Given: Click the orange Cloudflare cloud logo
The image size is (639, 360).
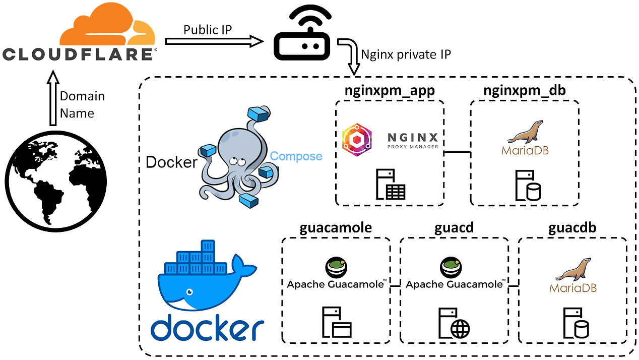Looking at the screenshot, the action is coord(107,24).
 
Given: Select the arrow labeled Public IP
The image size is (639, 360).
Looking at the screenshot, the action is coord(214,41).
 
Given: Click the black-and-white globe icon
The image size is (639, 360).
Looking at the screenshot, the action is coord(56,182).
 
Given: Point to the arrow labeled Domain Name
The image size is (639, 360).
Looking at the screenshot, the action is coord(53,98).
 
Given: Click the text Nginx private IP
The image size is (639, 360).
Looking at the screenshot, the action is coord(406,54).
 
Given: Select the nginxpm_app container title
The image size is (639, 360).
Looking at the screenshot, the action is coord(390,91).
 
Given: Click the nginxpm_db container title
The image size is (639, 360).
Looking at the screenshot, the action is coord(524,90).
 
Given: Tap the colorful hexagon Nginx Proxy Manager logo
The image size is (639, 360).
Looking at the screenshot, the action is coord(357,140).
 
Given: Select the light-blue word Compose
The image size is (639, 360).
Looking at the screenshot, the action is coord(296,156).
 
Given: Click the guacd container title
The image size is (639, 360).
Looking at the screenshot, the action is coord(454,228).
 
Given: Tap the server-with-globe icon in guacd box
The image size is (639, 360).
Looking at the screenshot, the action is coord(454,323).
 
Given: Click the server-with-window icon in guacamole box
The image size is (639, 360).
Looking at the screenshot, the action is coord(337,322).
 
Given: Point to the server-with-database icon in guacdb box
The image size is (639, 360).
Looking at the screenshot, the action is coord(576,323).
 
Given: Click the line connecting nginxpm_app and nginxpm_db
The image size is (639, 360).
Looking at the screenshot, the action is coord(457,152).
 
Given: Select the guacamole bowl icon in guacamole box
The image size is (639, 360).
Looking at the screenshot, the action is coord(336,267).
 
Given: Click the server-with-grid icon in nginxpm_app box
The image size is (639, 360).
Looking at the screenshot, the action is coord(390,184).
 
